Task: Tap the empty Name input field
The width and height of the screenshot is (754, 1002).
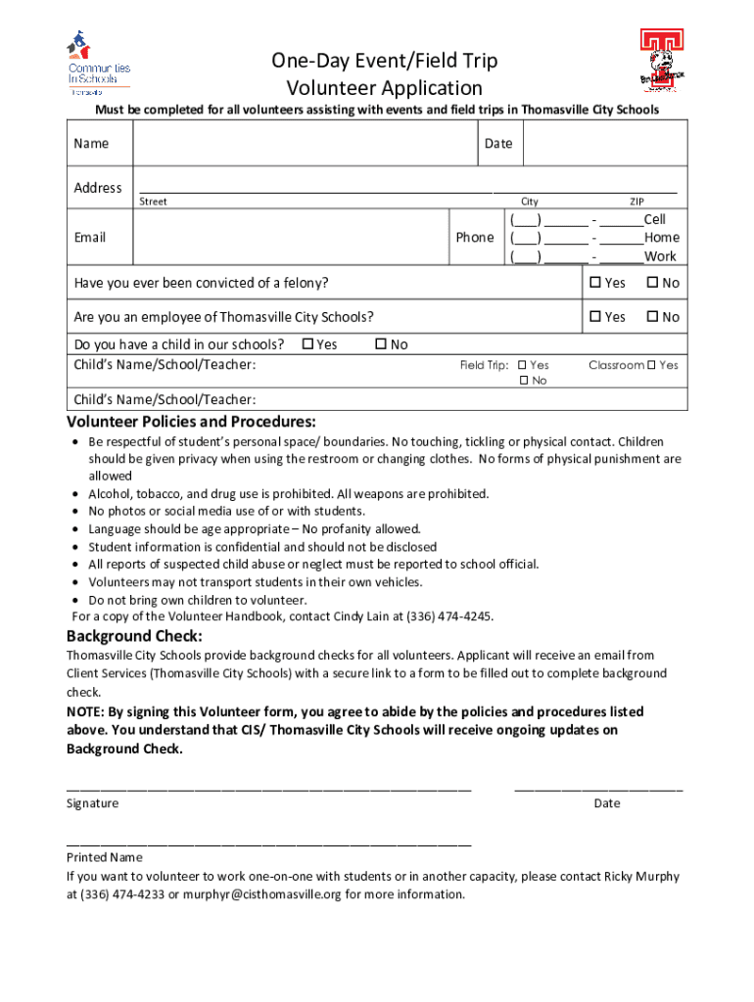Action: [304, 144]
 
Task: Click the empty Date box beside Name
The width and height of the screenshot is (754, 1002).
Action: [604, 144]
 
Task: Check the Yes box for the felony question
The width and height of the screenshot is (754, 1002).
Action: [594, 284]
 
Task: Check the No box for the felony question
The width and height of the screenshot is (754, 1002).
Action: [651, 284]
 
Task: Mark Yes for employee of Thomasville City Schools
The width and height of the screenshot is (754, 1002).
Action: [594, 317]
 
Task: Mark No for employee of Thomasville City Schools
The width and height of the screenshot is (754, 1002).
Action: [651, 317]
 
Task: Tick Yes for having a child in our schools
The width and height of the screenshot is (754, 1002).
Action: [307, 344]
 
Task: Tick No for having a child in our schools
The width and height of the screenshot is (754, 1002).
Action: [381, 344]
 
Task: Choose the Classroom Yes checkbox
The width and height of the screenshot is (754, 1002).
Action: [651, 366]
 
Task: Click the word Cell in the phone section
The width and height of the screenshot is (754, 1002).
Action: [654, 220]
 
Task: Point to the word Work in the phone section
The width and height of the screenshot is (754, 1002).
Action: [660, 256]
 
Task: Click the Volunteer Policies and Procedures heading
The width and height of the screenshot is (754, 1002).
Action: [191, 422]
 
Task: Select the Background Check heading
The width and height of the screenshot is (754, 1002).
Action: [134, 636]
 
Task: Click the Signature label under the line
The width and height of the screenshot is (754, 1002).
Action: [92, 803]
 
